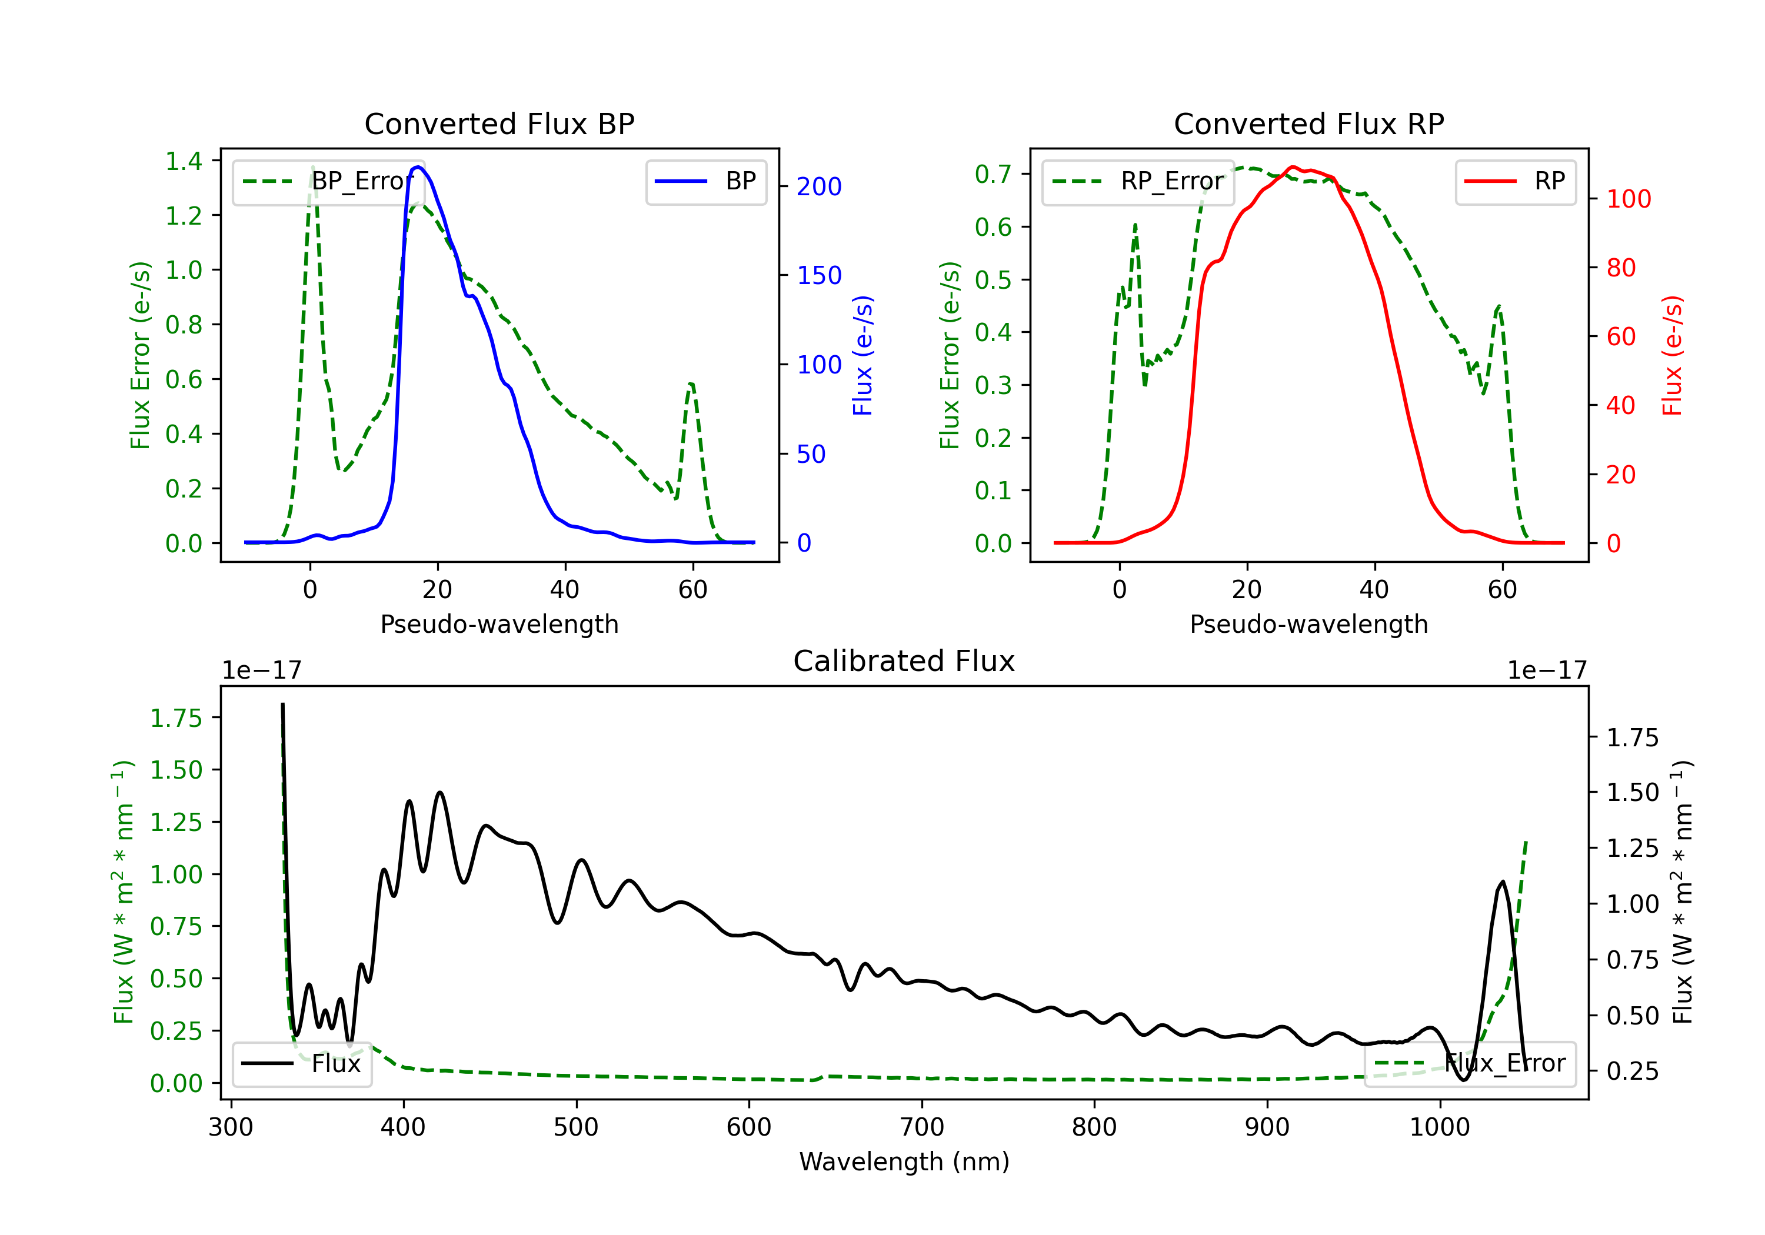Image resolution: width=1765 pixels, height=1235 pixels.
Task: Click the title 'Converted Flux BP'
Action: [499, 123]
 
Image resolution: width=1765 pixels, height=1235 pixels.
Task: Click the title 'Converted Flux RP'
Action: [1308, 123]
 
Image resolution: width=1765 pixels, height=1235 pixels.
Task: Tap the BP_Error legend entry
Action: [328, 181]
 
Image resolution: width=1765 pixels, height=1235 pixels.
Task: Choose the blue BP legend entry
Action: [705, 181]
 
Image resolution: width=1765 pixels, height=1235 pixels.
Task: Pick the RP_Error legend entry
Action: [1138, 181]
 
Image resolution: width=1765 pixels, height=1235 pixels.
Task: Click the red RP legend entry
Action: [1514, 181]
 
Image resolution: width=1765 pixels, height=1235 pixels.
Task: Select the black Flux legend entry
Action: [301, 1064]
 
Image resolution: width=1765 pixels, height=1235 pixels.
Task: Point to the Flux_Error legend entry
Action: [1469, 1064]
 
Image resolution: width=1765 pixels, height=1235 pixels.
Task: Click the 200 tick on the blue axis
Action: [819, 187]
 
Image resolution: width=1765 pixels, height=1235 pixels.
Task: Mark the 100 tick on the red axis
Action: [1628, 199]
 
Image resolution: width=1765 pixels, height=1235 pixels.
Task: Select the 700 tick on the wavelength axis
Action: [922, 1127]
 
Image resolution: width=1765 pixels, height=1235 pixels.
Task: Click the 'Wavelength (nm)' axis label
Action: [904, 1162]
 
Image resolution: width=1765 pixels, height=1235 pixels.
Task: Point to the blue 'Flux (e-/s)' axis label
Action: [862, 355]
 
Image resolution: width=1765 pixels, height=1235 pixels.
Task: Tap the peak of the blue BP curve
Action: [417, 167]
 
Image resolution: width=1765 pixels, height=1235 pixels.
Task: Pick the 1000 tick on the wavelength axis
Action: [1439, 1127]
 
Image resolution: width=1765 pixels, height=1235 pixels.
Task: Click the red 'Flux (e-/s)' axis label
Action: [1672, 355]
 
